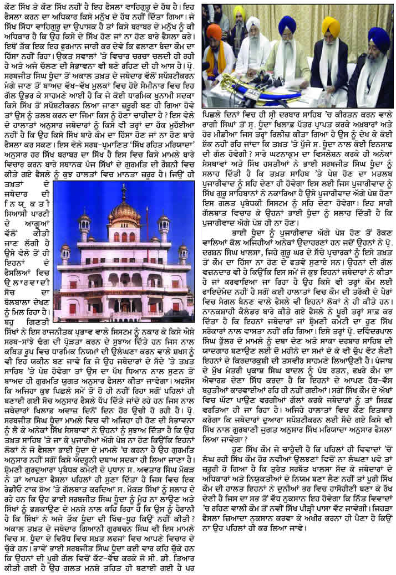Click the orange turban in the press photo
pyautogui.click(x=214, y=32)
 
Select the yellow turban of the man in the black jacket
pyautogui.click(x=331, y=27)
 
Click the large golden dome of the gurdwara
pyautogui.click(x=124, y=213)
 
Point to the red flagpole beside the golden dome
pyautogui.click(x=148, y=233)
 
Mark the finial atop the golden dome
pyautogui.click(x=124, y=192)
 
